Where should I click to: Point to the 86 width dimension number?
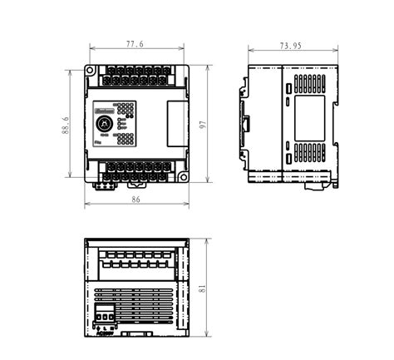135,200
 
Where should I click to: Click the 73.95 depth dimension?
291,46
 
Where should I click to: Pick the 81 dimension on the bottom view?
202,288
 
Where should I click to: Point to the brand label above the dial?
103,109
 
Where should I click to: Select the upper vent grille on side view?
309,83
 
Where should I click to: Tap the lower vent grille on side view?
309,152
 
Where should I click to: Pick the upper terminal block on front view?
135,76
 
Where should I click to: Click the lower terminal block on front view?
135,171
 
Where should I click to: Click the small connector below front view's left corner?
103,185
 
